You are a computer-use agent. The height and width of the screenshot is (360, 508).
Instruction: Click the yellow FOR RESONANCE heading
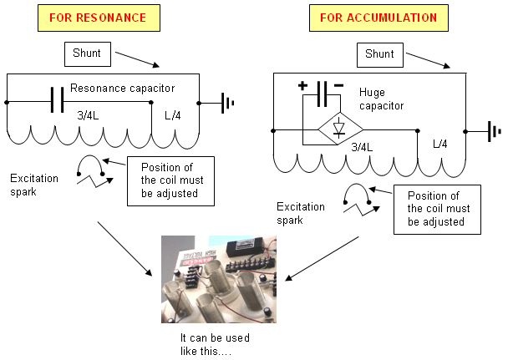(x=99, y=18)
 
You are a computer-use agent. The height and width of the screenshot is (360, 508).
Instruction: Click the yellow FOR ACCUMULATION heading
(x=378, y=18)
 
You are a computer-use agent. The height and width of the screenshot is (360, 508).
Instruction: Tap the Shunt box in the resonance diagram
(x=88, y=54)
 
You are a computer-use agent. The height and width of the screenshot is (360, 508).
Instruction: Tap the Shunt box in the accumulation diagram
(x=380, y=55)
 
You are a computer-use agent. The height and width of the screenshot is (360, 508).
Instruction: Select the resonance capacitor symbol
(x=58, y=99)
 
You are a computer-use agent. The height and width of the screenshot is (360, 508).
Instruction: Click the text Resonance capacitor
(x=123, y=88)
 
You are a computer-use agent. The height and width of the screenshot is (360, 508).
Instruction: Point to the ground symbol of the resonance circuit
(x=227, y=104)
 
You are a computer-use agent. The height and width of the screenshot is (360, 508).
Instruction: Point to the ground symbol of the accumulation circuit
(x=495, y=131)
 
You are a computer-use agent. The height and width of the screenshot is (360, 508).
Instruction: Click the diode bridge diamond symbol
(x=339, y=129)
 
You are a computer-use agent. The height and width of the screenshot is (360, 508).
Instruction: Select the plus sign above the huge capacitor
(x=302, y=86)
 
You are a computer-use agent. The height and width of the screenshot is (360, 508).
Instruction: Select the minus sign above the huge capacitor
(x=338, y=85)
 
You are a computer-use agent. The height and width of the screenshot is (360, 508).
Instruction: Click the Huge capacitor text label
(x=381, y=99)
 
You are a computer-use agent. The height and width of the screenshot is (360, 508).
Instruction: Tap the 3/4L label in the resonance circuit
(x=88, y=115)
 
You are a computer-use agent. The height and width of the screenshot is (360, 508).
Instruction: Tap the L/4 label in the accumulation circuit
(x=440, y=144)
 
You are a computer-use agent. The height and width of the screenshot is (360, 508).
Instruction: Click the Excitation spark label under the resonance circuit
(x=34, y=185)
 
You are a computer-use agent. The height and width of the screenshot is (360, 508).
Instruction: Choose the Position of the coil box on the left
(x=170, y=181)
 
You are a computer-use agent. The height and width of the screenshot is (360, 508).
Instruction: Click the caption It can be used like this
(x=215, y=344)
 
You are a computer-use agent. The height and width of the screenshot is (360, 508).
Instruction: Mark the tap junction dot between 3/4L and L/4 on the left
(x=151, y=102)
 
